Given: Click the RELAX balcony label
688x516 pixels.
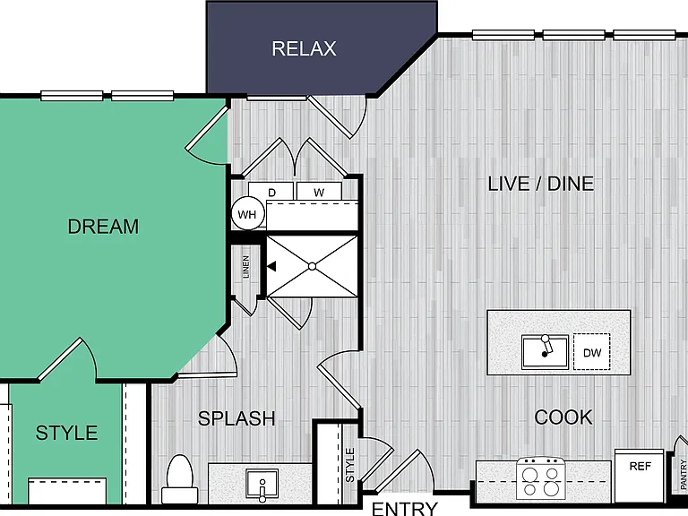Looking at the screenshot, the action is tap(304, 48).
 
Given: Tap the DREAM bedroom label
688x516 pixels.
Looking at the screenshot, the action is tap(103, 227).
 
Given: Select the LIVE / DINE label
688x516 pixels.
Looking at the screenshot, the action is tap(541, 184).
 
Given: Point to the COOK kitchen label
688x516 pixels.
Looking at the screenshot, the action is tap(563, 417).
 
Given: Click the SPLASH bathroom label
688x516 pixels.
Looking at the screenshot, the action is tap(236, 418).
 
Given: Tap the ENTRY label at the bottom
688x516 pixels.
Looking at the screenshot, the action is tap(405, 509).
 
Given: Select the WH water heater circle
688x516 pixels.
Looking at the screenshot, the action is tap(247, 214).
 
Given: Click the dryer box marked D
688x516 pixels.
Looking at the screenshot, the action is tap(271, 192).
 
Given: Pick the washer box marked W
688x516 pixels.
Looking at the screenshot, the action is tap(319, 192).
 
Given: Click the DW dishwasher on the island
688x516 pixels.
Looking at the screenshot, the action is tap(591, 352).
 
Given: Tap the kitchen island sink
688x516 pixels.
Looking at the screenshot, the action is tap(545, 352).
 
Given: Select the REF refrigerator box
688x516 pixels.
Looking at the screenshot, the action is tap(640, 476).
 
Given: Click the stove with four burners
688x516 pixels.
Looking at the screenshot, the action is tap(540, 479).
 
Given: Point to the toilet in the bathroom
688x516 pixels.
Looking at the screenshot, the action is tap(179, 479).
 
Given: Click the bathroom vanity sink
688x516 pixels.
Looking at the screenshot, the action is tap(262, 485).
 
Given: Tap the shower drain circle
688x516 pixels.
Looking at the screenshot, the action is tap(313, 266).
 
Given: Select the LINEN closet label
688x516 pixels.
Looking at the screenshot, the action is tap(245, 267).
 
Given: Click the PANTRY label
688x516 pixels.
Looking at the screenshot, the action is tap(684, 474).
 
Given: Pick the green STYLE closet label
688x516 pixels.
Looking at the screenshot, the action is tap(66, 433).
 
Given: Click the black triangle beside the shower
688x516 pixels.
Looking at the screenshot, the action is tap(271, 266).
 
